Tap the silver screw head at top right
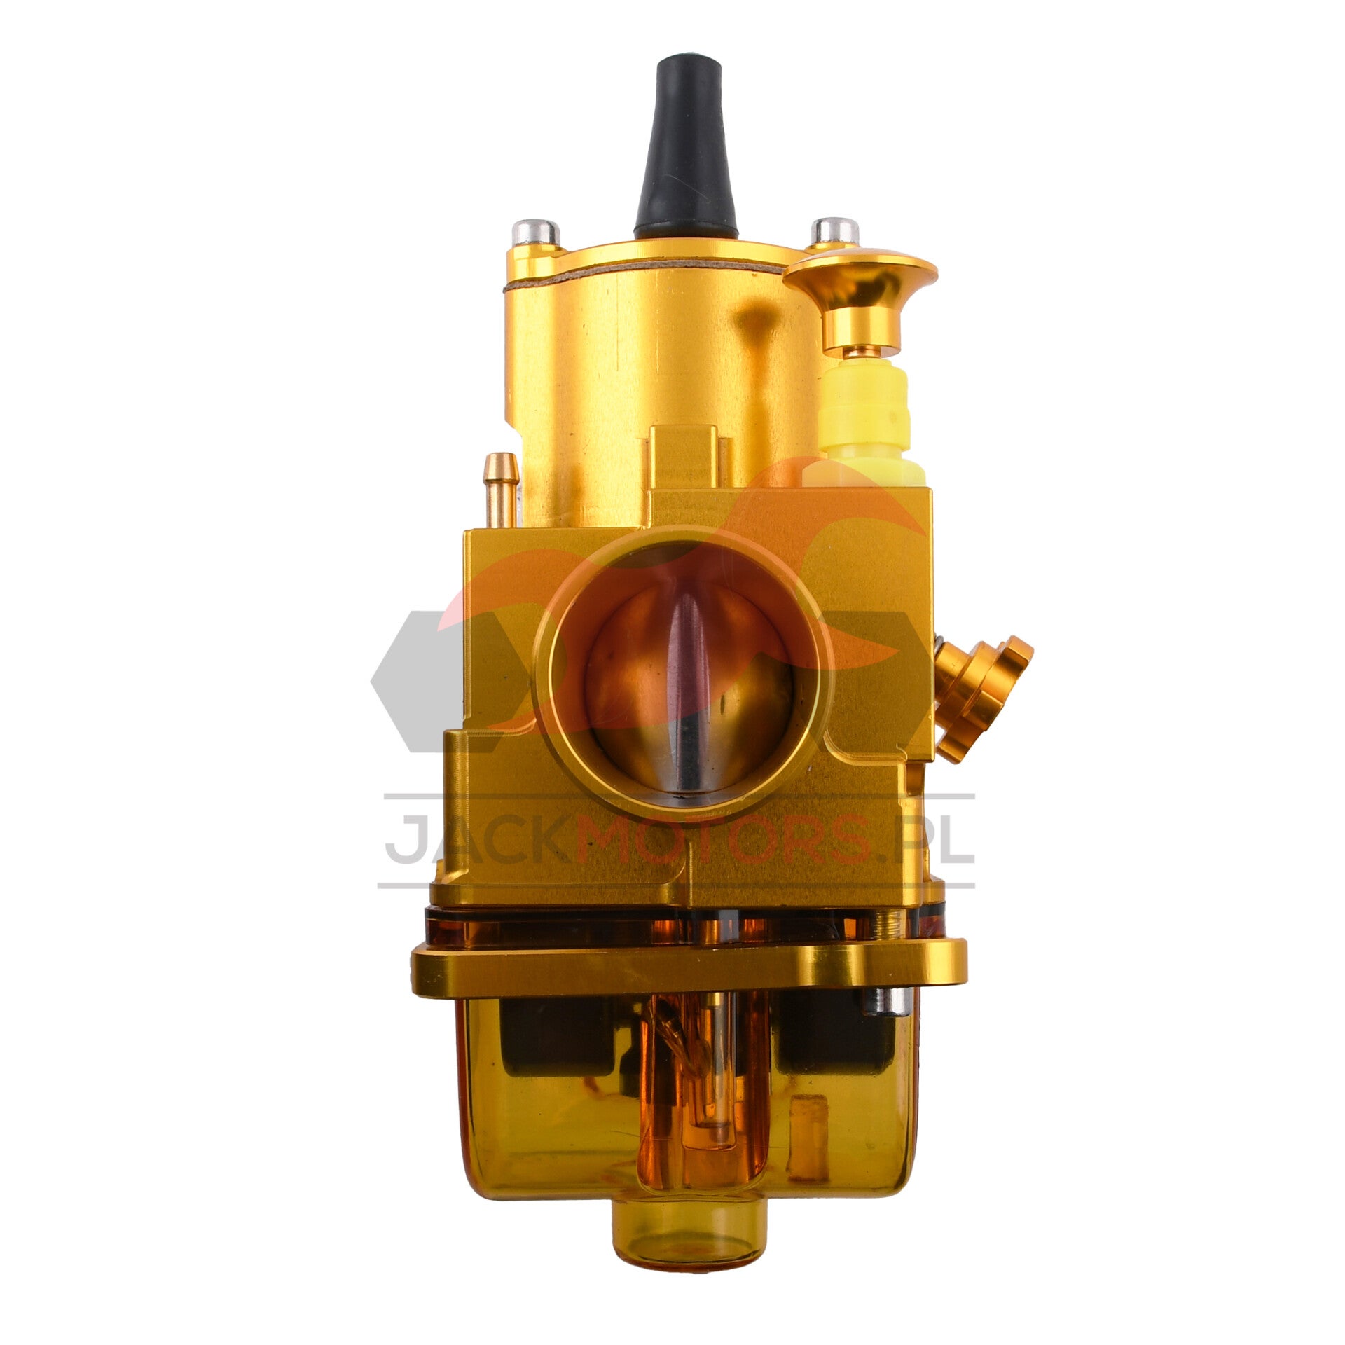point(835,230)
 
